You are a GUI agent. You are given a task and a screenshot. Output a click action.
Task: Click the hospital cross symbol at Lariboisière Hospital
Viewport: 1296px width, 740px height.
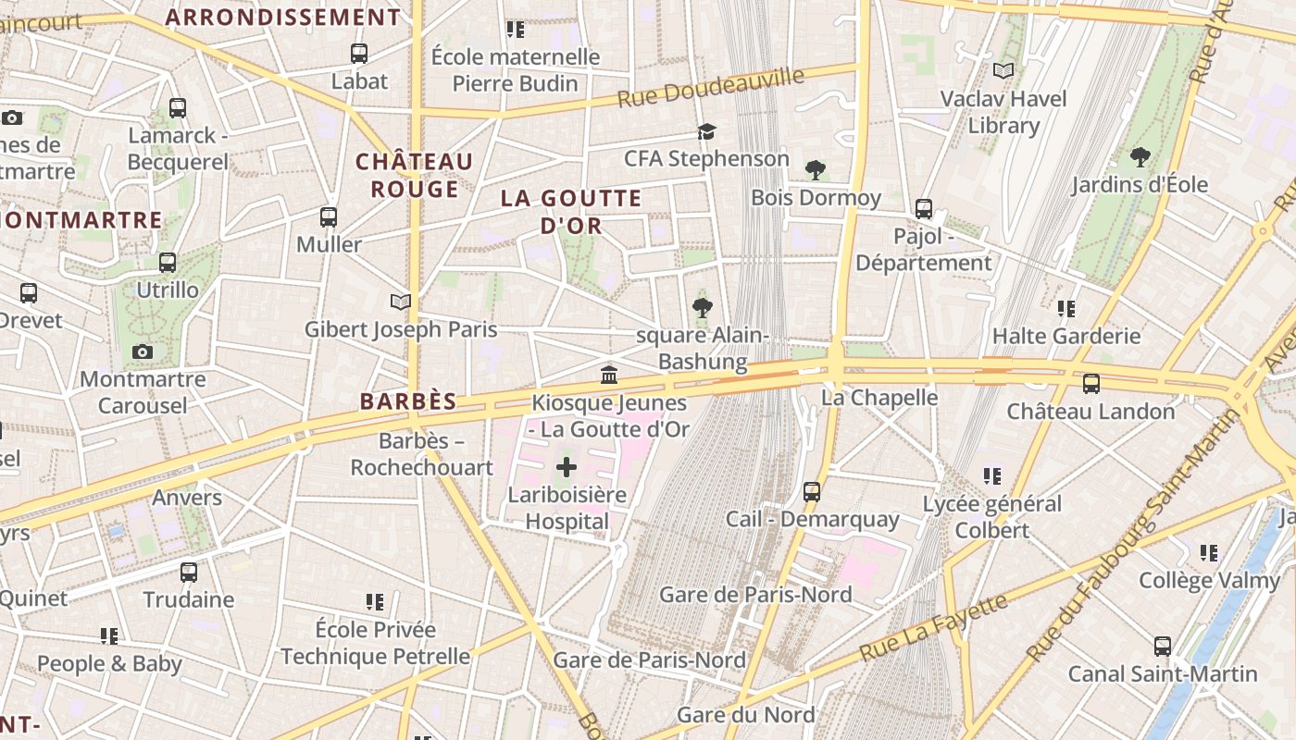click(x=566, y=468)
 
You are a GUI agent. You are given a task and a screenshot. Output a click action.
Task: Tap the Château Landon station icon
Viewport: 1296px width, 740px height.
click(x=1091, y=383)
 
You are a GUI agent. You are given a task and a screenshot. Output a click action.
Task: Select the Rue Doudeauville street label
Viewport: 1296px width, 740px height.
click(x=710, y=88)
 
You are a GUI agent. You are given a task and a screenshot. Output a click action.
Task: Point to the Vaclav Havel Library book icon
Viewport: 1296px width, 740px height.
click(x=1003, y=70)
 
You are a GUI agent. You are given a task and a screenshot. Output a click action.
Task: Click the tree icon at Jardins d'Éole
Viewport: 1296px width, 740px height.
click(x=1140, y=157)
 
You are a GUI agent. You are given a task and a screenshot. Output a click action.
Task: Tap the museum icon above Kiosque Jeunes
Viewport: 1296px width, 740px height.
click(x=609, y=375)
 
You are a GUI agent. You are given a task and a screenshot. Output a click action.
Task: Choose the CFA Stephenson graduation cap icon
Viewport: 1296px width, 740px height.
click(x=707, y=131)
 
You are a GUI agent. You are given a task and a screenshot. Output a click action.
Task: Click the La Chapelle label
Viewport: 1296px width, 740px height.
click(x=880, y=398)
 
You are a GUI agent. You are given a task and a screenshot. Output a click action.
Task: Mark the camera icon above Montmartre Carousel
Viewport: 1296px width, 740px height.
click(x=143, y=351)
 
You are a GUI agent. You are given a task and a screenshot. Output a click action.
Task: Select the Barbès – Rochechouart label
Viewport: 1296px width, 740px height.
click(x=421, y=454)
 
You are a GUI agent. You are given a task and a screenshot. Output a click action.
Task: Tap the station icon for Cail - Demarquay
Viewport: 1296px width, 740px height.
click(x=812, y=492)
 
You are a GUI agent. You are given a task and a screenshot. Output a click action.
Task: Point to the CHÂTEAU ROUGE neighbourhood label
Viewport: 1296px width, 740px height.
click(x=415, y=175)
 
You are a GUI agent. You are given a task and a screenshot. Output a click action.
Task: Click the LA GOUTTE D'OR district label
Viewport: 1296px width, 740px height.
click(x=571, y=211)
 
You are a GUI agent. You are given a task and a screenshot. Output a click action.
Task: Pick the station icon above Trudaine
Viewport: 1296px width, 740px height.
click(x=189, y=572)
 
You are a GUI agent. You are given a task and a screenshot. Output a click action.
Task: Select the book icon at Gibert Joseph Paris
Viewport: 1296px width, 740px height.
click(x=400, y=302)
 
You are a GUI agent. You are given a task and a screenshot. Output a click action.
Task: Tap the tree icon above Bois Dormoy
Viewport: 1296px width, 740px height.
click(x=816, y=170)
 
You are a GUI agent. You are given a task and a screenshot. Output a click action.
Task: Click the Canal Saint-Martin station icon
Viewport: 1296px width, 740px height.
click(x=1163, y=646)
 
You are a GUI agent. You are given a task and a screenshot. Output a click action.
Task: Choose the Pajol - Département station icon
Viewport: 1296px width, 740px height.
click(x=924, y=209)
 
